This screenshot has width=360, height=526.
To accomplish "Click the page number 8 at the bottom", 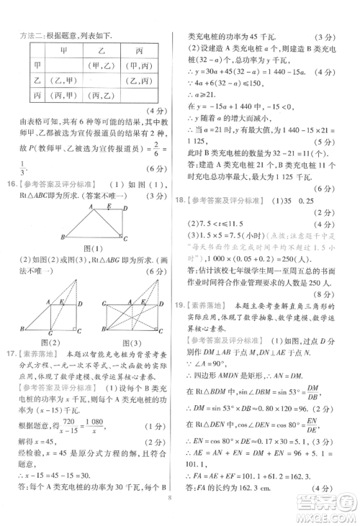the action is coord(168,516).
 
